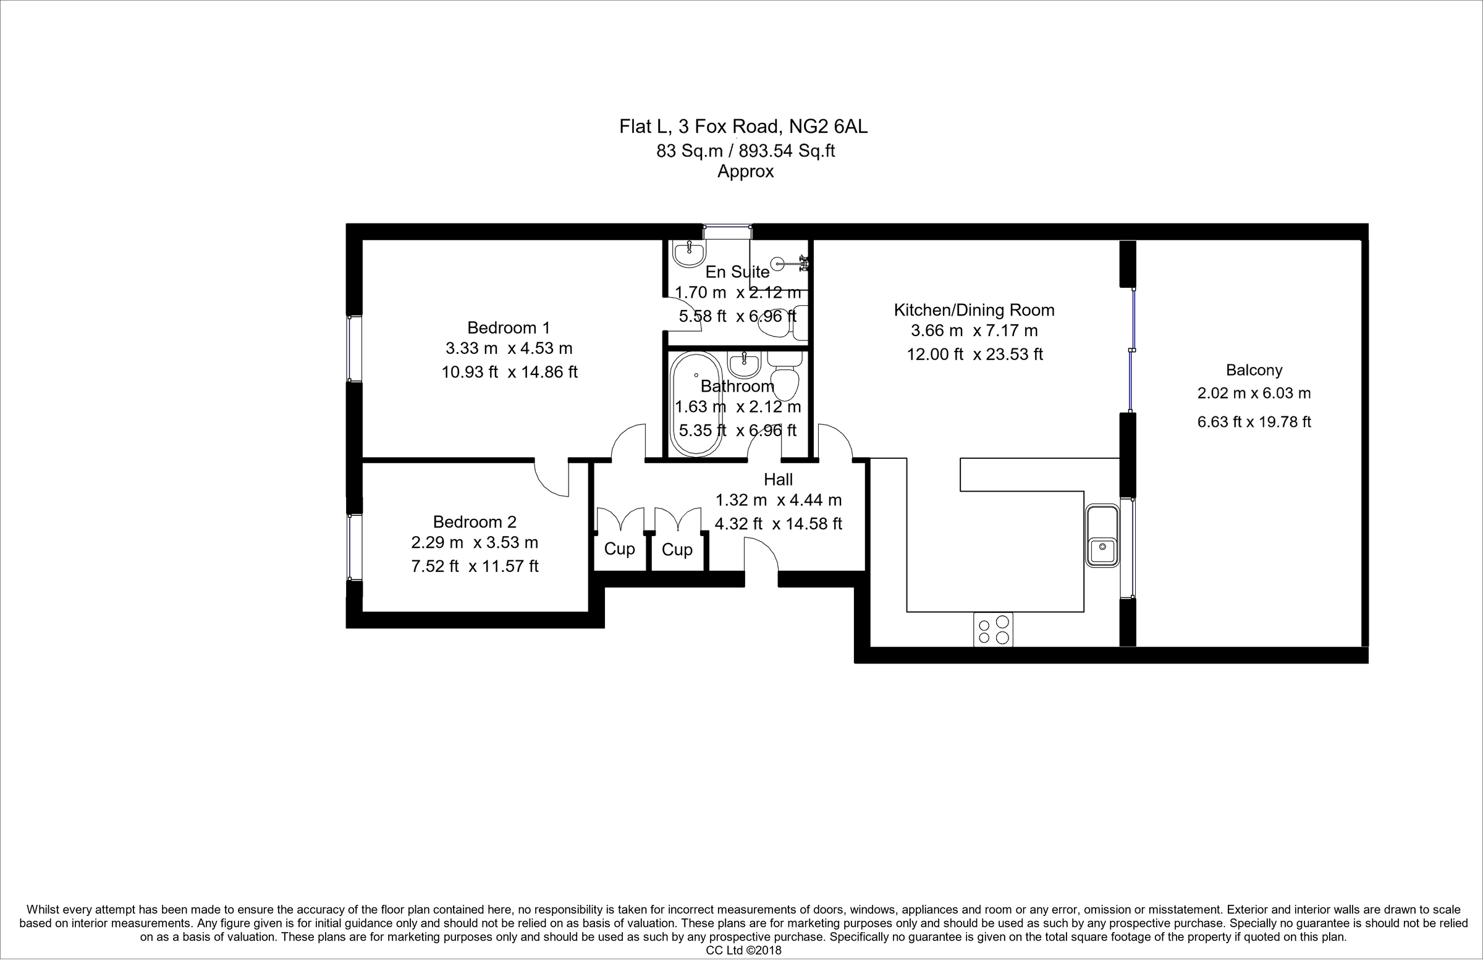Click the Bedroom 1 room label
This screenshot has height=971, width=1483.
pyautogui.click(x=509, y=327)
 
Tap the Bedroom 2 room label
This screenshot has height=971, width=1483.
pyautogui.click(x=474, y=521)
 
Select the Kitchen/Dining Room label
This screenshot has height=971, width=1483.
pyautogui.click(x=974, y=309)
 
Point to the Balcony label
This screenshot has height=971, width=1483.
pyautogui.click(x=1254, y=370)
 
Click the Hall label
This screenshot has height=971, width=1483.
pyautogui.click(x=777, y=479)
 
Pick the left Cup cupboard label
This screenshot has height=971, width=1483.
pyautogui.click(x=619, y=549)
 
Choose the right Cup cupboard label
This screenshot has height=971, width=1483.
pyautogui.click(x=677, y=549)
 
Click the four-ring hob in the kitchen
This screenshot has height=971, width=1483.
pyautogui.click(x=993, y=629)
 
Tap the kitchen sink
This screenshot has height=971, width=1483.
pyautogui.click(x=1102, y=536)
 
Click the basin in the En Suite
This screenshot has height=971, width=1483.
pyautogui.click(x=689, y=253)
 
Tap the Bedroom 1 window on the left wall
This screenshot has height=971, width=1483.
pyautogui.click(x=354, y=349)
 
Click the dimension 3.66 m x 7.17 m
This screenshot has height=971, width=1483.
pyautogui.click(x=974, y=330)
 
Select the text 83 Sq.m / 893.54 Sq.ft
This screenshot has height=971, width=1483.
pyautogui.click(x=745, y=151)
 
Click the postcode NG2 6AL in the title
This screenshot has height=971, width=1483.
pyautogui.click(x=828, y=127)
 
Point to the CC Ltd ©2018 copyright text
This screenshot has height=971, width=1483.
pyautogui.click(x=743, y=951)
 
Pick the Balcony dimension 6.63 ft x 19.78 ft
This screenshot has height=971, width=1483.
pyautogui.click(x=1254, y=422)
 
